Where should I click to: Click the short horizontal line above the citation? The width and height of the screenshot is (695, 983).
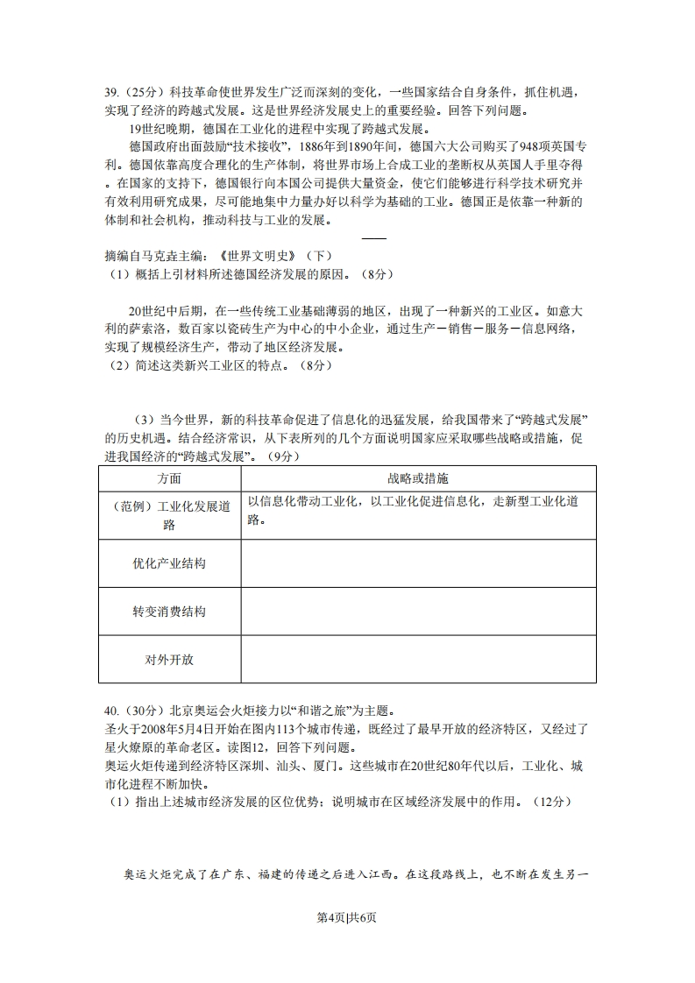tap(373, 238)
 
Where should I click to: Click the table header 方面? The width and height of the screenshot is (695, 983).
tap(169, 478)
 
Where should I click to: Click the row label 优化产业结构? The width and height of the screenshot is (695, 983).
tap(169, 563)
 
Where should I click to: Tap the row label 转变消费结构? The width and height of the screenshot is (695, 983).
tap(169, 612)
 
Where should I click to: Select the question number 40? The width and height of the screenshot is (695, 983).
tap(110, 711)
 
